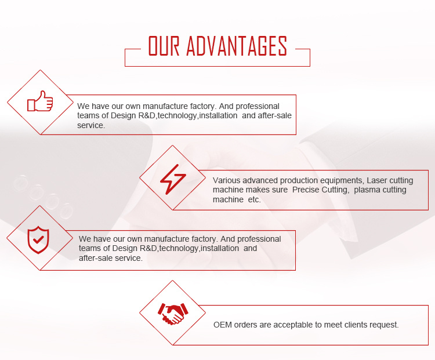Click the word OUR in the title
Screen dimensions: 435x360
[x=164, y=46]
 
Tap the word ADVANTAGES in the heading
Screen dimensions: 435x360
[x=237, y=46]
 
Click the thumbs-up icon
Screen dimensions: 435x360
[x=40, y=101]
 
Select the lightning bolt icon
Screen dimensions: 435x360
[x=173, y=179]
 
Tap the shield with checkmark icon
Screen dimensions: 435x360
[x=38, y=239]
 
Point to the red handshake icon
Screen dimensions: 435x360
[x=173, y=314]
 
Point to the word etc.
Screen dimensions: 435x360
[x=255, y=199]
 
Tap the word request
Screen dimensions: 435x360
[x=384, y=325]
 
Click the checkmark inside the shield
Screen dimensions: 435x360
[x=38, y=239]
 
